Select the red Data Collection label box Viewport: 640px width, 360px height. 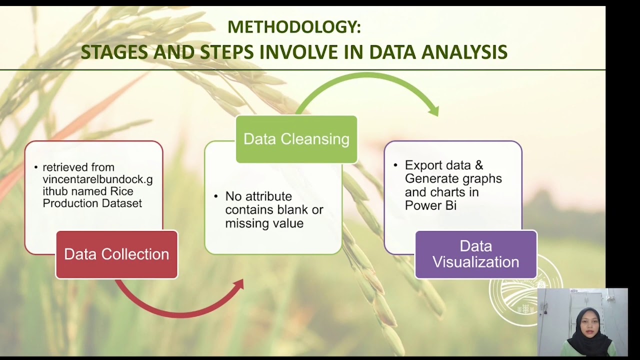(x=116, y=254)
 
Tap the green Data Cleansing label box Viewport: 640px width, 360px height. (x=296, y=139)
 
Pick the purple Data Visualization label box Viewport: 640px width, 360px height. (x=475, y=254)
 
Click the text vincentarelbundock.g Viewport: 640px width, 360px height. (x=97, y=179)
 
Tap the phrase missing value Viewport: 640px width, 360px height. (x=264, y=223)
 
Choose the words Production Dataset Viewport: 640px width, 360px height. (x=92, y=203)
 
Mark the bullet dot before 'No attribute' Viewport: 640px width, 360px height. (x=216, y=196)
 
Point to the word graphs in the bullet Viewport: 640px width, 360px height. (x=482, y=178)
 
